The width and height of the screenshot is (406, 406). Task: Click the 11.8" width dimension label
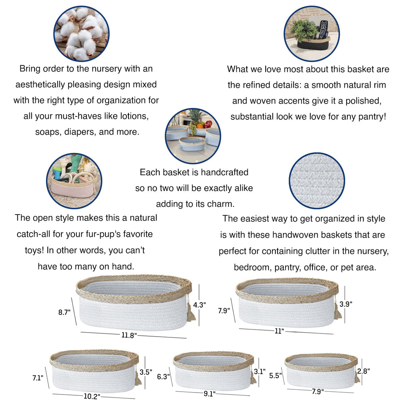(129, 335)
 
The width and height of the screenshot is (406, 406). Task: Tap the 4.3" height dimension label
(199, 305)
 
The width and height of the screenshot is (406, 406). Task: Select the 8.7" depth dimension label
(64, 312)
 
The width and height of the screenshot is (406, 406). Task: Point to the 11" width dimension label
(280, 331)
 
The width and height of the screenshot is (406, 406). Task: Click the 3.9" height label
(346, 304)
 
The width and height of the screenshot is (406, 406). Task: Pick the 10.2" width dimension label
(92, 396)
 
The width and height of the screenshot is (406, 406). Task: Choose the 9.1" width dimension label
(209, 394)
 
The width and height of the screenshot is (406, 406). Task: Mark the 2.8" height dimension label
(364, 371)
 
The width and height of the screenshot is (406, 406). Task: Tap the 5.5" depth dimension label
(276, 376)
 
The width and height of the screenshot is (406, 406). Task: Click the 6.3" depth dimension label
(163, 377)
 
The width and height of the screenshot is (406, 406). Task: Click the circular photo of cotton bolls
(81, 34)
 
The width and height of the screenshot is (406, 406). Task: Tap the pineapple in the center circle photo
(194, 120)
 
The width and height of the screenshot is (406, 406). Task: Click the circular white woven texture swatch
(317, 181)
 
